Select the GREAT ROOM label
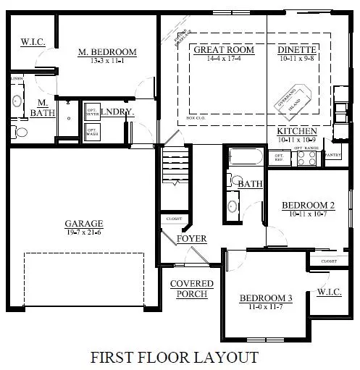pos(224,50)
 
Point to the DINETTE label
pos(296,50)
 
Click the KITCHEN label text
pos(297,131)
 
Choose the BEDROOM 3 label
pos(267,298)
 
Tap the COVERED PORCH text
pos(192,288)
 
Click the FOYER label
pos(192,238)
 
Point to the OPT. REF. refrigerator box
pos(277,156)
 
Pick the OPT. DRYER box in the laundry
pos(92,112)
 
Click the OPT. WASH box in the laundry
pos(92,133)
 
